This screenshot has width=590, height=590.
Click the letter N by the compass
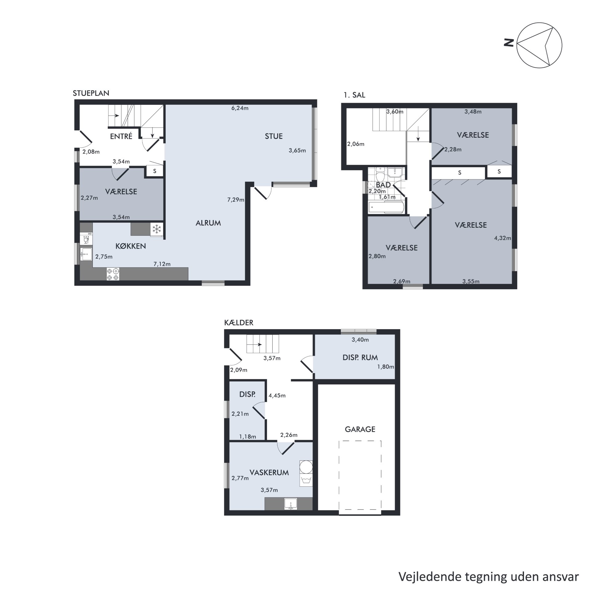509,42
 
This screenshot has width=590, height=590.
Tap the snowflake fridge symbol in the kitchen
157,229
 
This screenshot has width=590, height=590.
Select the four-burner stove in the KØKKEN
113,274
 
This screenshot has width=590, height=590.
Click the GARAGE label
360,429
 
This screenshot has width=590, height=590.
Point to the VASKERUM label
269,473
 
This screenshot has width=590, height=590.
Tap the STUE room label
274,136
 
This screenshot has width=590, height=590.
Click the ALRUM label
208,223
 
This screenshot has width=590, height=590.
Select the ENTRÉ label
121,136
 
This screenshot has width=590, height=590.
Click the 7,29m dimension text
236,200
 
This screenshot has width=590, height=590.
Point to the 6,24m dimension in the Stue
240,108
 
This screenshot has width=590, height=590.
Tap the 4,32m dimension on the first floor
502,238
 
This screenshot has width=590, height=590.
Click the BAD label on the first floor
383,185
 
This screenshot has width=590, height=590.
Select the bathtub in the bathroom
386,207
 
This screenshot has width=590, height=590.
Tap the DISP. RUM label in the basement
360,357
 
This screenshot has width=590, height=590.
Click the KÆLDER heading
239,323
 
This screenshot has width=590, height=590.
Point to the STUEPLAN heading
91,93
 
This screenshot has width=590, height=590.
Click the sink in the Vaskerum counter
291,504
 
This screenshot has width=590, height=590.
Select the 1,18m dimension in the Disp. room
248,436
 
